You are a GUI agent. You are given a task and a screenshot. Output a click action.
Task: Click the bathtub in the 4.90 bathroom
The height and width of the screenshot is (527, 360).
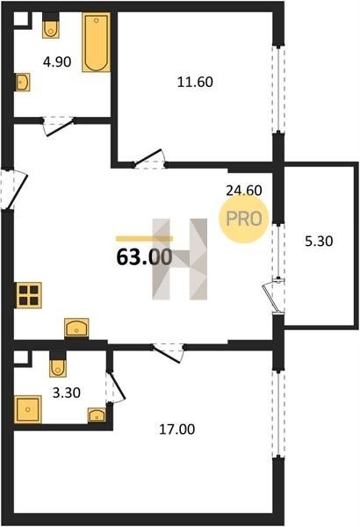click(x=96, y=42)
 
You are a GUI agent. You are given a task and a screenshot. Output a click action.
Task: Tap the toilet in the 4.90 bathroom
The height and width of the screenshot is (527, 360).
click(x=51, y=25)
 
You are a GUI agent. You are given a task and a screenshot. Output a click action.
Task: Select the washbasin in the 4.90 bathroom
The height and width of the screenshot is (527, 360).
click(x=22, y=82)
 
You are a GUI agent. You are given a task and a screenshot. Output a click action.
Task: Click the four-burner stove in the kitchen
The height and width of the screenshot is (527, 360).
click(x=29, y=295)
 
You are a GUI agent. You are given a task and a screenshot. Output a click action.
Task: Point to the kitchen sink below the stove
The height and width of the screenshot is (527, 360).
click(x=76, y=328)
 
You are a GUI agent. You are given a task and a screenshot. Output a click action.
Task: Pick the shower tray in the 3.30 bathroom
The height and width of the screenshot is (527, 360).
click(x=28, y=409)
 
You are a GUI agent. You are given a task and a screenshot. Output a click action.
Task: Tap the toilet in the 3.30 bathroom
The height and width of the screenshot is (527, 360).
click(x=58, y=365)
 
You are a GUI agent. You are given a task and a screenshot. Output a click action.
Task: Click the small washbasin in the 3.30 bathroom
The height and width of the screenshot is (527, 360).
click(x=97, y=415)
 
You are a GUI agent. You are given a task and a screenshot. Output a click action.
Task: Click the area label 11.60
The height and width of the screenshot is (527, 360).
click(x=195, y=82)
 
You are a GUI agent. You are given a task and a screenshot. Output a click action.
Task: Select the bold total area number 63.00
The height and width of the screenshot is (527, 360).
click(x=145, y=257)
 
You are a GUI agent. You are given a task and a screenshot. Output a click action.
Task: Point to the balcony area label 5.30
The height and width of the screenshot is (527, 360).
click(x=319, y=241)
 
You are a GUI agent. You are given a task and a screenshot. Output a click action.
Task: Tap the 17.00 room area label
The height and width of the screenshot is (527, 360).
click(x=176, y=430)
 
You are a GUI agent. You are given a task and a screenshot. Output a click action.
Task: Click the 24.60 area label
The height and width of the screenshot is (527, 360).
click(x=244, y=191)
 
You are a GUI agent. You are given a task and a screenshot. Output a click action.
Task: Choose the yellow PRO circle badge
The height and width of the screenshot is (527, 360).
click(x=244, y=219)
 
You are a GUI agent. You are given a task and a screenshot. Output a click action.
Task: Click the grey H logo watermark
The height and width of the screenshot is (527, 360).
click(x=180, y=259)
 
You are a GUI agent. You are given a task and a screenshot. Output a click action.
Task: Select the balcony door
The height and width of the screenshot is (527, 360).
click(x=273, y=296)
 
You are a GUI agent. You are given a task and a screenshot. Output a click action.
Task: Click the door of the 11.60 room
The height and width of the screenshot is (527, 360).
click(x=148, y=159)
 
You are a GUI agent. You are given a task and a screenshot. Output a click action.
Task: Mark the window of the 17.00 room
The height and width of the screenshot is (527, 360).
click(x=278, y=414)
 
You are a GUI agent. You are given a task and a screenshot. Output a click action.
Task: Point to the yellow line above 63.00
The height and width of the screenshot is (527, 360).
click(x=145, y=239)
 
